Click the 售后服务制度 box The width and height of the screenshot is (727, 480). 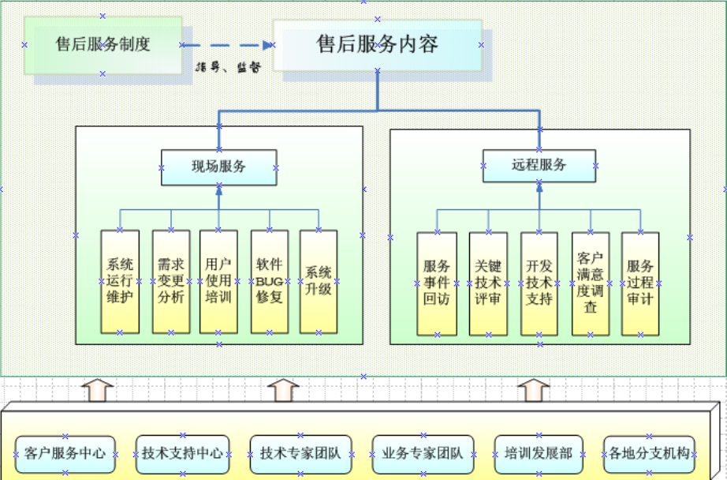103,44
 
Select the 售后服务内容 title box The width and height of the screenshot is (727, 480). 377,44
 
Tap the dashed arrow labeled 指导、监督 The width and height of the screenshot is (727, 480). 228,46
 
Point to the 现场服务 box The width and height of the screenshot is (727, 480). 218,167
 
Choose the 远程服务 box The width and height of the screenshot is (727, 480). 539,165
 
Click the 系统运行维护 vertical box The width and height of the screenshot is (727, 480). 120,281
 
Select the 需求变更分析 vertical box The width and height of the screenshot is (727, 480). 171,281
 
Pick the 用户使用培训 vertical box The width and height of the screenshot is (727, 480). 218,281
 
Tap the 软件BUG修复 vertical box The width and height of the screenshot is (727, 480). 270,281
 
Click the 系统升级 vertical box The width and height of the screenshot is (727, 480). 319,281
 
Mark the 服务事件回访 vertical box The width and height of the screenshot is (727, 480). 437,283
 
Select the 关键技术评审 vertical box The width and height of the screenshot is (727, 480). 488,283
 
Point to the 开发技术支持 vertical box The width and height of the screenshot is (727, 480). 539,283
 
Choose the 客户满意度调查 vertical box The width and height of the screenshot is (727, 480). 591,283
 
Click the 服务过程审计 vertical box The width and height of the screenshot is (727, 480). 640,283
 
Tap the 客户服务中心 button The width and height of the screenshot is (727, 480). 65,454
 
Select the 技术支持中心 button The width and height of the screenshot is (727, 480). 182,454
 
